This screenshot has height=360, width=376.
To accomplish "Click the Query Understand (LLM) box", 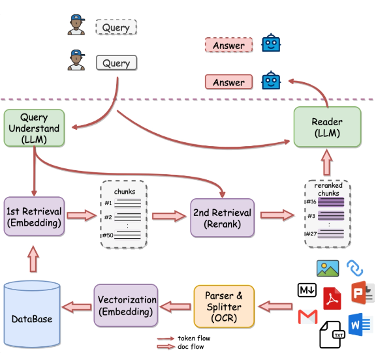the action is coord(35,128).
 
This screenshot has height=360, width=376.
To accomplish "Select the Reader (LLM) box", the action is coord(327,127).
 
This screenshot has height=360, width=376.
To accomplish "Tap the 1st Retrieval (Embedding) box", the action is coord(34,217).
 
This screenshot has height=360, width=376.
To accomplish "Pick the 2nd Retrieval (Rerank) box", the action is coord(223,218).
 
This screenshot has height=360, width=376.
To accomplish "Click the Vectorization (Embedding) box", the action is coord(126,305).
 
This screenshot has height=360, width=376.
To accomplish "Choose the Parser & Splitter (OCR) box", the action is coord(224,307).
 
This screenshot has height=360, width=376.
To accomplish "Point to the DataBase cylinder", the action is coord(32,314).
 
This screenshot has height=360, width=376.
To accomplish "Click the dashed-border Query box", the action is coord(116,27).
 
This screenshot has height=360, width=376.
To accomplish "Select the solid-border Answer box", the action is coord(228,82).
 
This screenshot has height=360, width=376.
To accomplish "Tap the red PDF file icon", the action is coord(332,299).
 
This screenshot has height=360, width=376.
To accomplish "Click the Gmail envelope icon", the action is coord(308,317).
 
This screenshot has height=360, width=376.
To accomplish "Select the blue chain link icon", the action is coord(355,268).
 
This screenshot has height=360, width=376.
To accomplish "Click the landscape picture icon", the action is coord(328,269).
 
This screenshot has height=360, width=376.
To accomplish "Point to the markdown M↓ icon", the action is coord(307,290).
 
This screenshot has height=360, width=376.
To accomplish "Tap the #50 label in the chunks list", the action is coord(108,235).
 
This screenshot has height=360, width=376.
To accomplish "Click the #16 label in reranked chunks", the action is coord(311,202).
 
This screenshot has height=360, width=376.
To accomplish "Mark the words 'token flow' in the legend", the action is coord(194,338).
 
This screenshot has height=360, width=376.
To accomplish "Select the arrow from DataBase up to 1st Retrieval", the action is coord(33,259).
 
